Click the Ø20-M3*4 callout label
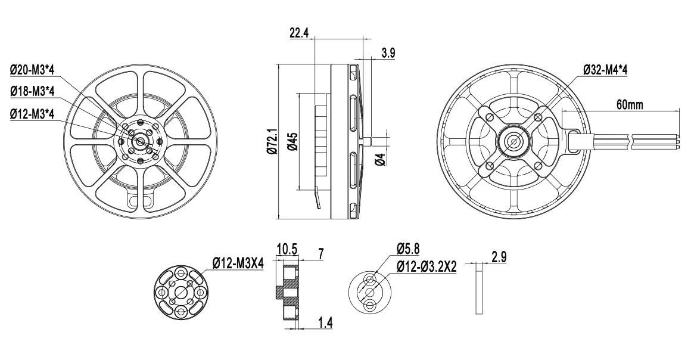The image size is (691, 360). coord(32,70)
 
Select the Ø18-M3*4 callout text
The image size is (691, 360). coord(32,91)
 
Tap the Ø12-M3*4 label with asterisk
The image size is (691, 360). coord(32,114)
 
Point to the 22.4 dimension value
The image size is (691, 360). coord(299,33)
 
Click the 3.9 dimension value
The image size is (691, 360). coord(388,54)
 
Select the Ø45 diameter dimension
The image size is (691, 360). coord(293,141)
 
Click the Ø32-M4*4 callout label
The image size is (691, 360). coord(605,70)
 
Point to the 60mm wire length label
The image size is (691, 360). coord(630,105)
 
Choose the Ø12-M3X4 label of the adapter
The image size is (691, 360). coord(238,264)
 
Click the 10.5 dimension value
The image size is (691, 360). coord(287,249)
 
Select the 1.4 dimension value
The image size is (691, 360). coord(325,322)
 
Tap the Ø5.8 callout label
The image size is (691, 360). coord(407,249)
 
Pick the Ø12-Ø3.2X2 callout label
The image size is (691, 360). coord(426,267)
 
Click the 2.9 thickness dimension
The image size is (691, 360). coord(499,257)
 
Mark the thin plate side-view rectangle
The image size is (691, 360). coord(480,288)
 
